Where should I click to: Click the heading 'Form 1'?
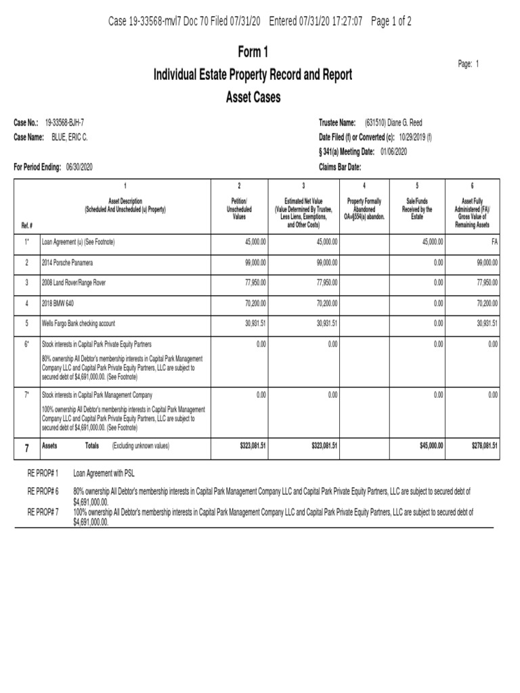[x=253, y=52]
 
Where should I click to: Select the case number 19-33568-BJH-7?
[x=64, y=122]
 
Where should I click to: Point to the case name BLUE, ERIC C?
[x=70, y=137]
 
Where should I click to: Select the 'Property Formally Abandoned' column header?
[x=364, y=209]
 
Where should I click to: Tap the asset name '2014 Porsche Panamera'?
[x=68, y=262]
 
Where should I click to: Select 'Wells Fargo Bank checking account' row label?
[x=79, y=324]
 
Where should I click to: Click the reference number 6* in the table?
[x=27, y=344]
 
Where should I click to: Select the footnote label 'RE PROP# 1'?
[x=43, y=474]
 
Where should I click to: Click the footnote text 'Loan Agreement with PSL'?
[x=108, y=474]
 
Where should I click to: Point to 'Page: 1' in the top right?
[x=469, y=64]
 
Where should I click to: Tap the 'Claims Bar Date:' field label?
[x=340, y=166]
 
